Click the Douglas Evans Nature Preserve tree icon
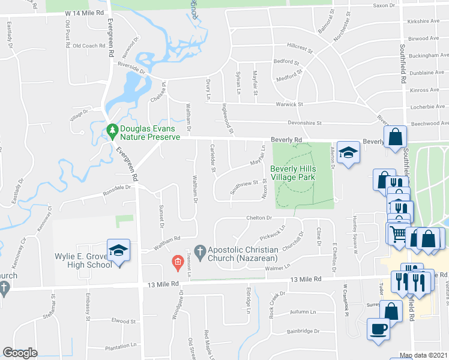[x=112, y=130]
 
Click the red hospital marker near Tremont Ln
[x=177, y=262]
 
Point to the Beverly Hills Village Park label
[x=292, y=173]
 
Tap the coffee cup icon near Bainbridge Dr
[x=378, y=329]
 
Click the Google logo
[x=20, y=353]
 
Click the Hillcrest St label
[x=300, y=46]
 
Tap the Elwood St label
[x=123, y=321]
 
